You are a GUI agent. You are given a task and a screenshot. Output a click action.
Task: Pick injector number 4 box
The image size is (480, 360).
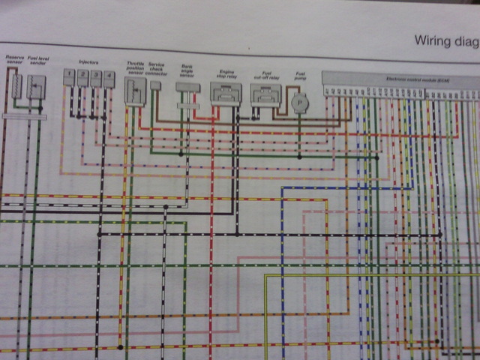pos(109,77)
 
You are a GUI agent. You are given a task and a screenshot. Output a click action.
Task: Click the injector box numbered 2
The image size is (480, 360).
pos(82,77)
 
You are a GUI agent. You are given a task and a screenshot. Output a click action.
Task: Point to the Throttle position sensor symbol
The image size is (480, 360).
pos(135,91)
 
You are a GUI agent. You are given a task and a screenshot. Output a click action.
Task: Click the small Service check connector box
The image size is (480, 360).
pos(155,85)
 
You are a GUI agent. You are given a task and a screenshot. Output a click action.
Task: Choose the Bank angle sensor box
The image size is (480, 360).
pos(187,87)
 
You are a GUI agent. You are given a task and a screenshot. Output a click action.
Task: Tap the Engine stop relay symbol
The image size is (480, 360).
pos(225,94)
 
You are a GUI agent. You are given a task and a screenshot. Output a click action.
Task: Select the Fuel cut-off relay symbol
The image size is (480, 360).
pos(265,94)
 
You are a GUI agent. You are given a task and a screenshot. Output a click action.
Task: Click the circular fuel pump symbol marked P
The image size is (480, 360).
pos(300,101)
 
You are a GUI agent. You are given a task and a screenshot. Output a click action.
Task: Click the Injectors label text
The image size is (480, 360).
pos(88,61)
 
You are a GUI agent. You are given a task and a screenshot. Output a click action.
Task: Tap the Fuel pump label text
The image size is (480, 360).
pos(300,76)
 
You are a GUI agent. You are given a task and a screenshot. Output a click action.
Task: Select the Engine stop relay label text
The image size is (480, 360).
pos(226,74)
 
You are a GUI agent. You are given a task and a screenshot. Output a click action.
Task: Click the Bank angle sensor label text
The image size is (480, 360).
pos(187,70)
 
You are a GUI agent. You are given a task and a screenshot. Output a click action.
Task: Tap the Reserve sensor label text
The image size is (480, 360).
pos(14,61)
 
